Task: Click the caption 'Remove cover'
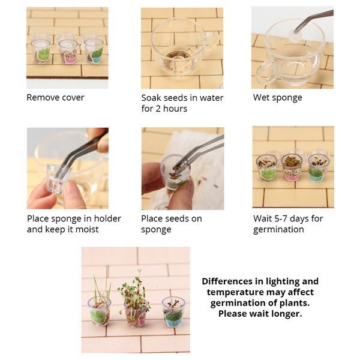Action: click(x=55, y=97)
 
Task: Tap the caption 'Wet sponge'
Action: click(x=277, y=97)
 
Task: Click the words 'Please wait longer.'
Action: click(x=260, y=314)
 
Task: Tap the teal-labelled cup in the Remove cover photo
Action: click(x=94, y=50)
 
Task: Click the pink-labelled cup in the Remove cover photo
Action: click(x=68, y=50)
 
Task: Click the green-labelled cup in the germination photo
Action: click(x=267, y=168)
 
